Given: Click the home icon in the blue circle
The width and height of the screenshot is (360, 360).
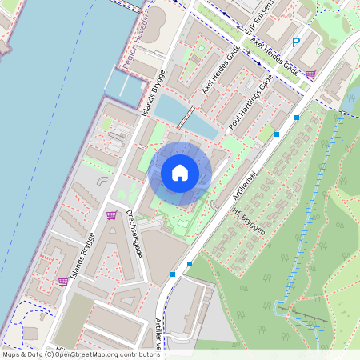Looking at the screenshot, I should tap(180, 173).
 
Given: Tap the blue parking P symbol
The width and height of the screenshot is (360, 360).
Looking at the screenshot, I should tap(295, 43).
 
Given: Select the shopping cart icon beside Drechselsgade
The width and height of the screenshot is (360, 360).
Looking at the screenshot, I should tap(111, 214).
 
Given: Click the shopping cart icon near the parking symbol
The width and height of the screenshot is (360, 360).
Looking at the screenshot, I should tap(310, 74).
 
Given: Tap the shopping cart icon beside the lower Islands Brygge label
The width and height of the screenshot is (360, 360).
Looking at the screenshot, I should tap(62, 281).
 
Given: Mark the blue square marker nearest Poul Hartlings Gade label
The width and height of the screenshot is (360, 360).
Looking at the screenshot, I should tap(277, 134).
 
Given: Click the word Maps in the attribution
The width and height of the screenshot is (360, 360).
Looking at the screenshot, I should tap(12, 354).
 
